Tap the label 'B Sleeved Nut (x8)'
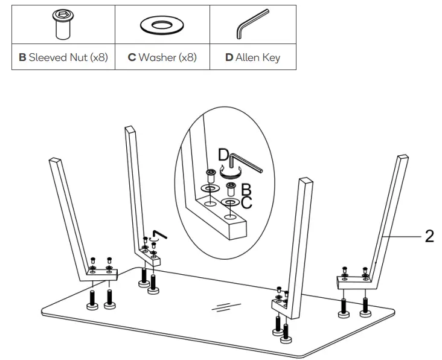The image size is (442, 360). pyautogui.click(x=63, y=58)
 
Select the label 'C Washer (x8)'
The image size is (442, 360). pyautogui.click(x=162, y=58)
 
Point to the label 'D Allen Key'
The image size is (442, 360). pyautogui.click(x=252, y=58)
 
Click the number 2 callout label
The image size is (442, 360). pyautogui.click(x=429, y=236)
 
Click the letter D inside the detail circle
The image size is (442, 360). pyautogui.click(x=223, y=156)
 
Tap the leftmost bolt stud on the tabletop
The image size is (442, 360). pyautogui.click(x=92, y=300)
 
